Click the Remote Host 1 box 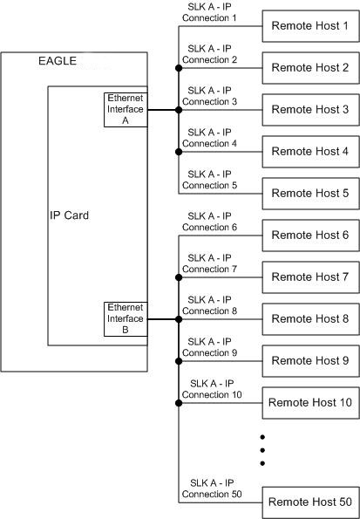[x=309, y=26]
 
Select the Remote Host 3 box [x=309, y=110]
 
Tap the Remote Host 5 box [x=309, y=194]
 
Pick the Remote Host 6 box [x=309, y=236]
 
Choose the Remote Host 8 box [x=309, y=319]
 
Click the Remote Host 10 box [x=309, y=402]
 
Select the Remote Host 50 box [x=309, y=502]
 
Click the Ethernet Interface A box [x=125, y=110]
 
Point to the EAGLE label [x=58, y=61]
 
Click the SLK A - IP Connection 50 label [x=209, y=488]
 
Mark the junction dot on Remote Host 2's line [x=179, y=68]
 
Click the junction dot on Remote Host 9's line [x=179, y=361]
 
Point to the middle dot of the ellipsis [x=262, y=449]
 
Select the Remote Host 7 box [x=309, y=277]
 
